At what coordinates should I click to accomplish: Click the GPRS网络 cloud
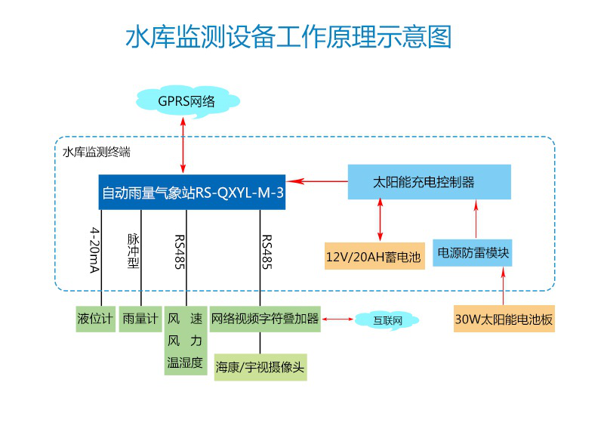(187, 101)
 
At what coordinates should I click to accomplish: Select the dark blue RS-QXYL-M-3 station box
(192, 192)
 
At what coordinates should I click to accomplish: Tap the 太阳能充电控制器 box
(429, 182)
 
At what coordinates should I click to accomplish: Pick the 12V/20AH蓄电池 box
(374, 256)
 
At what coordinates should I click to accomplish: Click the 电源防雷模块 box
(473, 253)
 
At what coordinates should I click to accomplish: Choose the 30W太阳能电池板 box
(504, 319)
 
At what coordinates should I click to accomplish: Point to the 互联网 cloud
(387, 320)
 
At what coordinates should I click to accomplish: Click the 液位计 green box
(96, 319)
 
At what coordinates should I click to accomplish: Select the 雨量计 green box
(140, 319)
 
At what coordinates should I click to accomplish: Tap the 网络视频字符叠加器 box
(265, 319)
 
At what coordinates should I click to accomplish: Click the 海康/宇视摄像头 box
(260, 367)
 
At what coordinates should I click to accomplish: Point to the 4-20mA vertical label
(95, 250)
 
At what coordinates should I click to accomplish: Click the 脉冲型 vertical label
(134, 251)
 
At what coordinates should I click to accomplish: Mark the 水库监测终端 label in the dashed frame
(97, 153)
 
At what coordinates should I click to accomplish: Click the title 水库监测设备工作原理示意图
(288, 37)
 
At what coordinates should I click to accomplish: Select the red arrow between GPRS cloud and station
(183, 145)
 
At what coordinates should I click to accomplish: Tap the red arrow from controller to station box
(317, 181)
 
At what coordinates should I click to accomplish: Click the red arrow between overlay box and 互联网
(337, 319)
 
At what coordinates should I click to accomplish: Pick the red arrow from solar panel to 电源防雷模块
(503, 286)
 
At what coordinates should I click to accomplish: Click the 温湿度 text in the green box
(185, 363)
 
